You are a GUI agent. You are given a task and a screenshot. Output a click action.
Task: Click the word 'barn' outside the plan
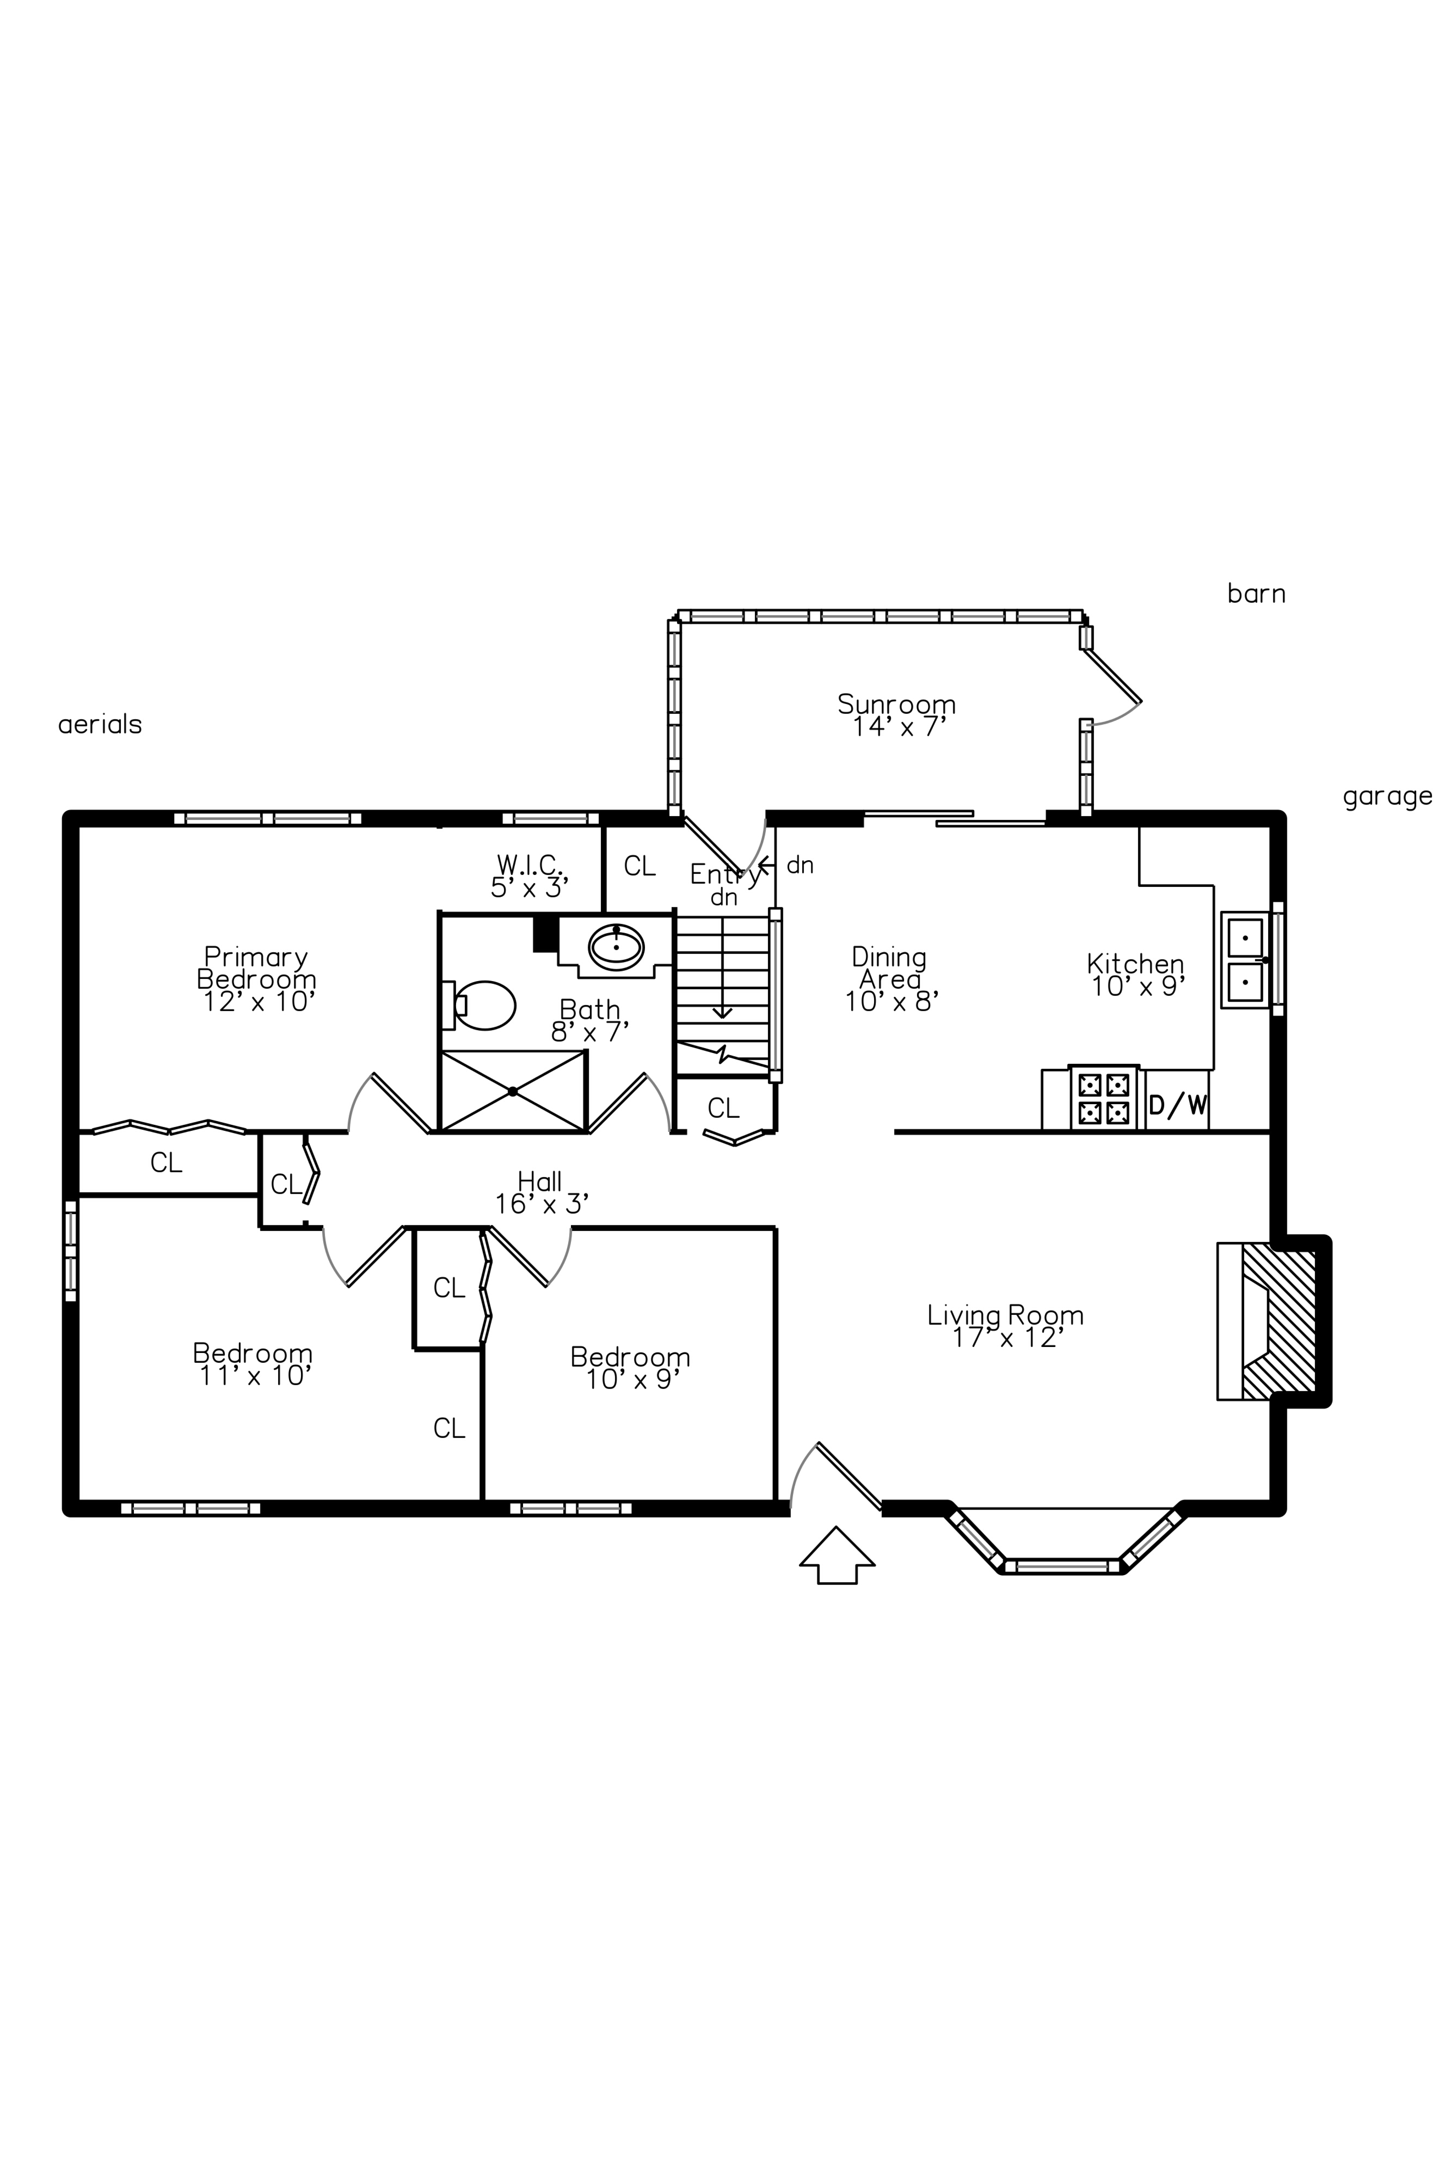coord(1256,594)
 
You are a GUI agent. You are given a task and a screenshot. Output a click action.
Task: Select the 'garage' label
coord(1387,797)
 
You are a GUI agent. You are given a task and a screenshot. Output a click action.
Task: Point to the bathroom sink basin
coord(616,947)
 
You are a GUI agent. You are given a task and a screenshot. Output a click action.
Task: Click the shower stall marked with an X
coord(513,1091)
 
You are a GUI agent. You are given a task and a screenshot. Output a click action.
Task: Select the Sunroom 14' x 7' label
coord(897,715)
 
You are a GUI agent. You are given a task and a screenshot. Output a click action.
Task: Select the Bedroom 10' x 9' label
coord(630,1368)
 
